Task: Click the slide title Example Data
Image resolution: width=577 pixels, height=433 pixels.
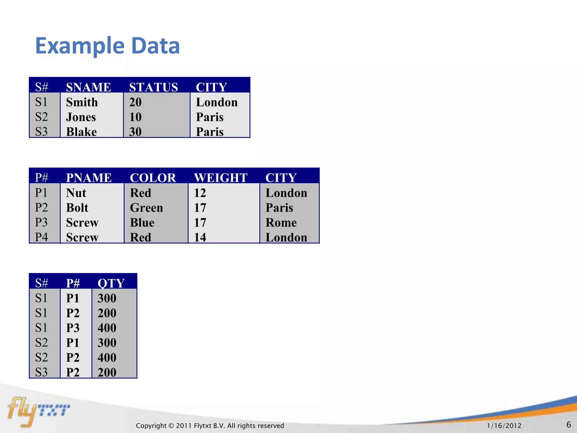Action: point(107,46)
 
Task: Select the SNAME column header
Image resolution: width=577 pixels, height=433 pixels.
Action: point(88,87)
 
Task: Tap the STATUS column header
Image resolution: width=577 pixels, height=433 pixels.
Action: point(154,87)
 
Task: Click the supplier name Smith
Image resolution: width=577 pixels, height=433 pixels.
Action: point(82,102)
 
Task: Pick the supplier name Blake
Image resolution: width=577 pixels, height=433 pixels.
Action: point(81,132)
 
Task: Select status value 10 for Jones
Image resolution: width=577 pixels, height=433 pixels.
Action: point(135,117)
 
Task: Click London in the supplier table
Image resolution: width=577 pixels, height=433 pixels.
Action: point(217,102)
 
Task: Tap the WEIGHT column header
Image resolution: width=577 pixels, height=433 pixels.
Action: point(221,178)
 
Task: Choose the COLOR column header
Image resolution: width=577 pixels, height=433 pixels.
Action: point(153,178)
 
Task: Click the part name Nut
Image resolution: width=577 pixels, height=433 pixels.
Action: point(76,193)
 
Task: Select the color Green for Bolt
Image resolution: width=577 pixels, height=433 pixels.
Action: point(147,208)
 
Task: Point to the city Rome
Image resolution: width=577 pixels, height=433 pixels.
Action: point(281,222)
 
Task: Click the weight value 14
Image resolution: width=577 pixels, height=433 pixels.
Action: point(200,237)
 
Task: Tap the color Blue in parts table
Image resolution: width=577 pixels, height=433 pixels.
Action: point(142,222)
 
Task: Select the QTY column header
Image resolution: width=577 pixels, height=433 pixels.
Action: point(111,283)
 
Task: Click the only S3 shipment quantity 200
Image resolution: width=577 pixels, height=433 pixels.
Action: point(107,372)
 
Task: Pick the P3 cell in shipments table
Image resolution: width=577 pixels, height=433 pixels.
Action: point(73,328)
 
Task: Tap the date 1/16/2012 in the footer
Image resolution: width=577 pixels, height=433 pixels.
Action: point(504,425)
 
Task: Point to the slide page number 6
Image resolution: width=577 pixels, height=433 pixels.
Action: point(569,425)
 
